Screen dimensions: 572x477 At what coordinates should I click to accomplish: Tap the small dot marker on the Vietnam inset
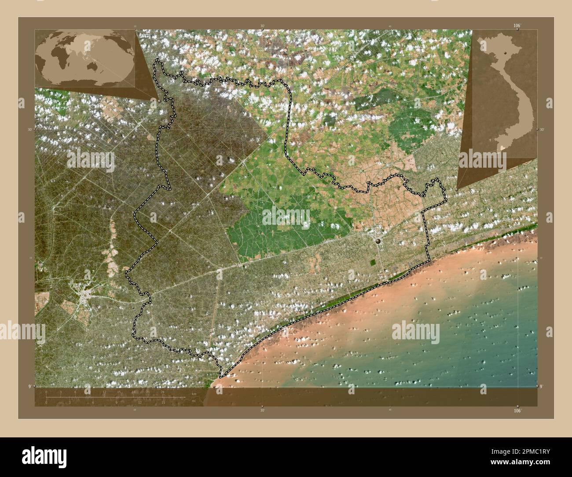click(506, 52)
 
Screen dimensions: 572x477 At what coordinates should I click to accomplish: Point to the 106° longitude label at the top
click(517, 26)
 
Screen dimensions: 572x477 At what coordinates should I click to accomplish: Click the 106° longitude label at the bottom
click(517, 411)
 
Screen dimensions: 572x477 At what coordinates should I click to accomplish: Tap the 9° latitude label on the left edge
click(29, 386)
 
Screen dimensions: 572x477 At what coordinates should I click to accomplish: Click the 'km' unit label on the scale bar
click(194, 393)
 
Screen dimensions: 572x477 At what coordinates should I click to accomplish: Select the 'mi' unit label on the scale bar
click(193, 401)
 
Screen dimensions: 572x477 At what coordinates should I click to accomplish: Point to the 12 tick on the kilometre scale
click(104, 392)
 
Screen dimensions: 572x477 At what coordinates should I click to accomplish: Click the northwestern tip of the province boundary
click(157, 61)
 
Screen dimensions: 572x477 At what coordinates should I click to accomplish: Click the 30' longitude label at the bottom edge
click(262, 410)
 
